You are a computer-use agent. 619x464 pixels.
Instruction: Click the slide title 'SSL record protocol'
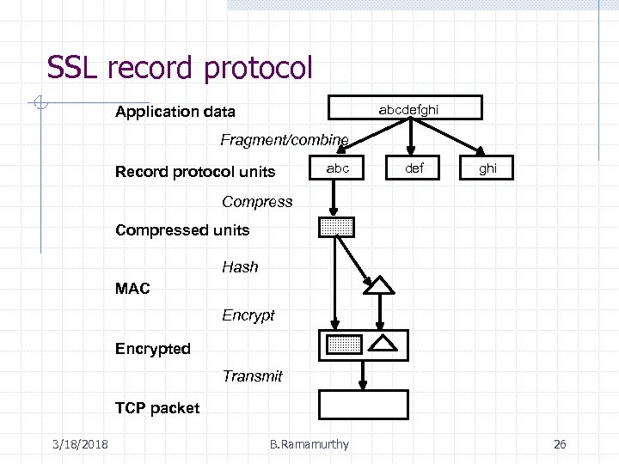pyautogui.click(x=180, y=68)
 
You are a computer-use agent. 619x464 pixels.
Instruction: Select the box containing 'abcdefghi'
pyautogui.click(x=408, y=108)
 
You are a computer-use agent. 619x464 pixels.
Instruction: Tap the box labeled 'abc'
pyautogui.click(x=337, y=169)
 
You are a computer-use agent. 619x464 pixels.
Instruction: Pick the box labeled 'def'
pyautogui.click(x=414, y=169)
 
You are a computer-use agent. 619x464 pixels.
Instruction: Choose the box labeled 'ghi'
pyautogui.click(x=487, y=169)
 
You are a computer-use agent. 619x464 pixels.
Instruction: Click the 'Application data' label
pyautogui.click(x=175, y=113)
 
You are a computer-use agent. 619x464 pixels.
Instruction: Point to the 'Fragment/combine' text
pyautogui.click(x=285, y=139)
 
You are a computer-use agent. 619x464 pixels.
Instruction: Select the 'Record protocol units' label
pyautogui.click(x=195, y=172)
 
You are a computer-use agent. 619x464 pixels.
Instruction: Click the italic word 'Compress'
pyautogui.click(x=257, y=202)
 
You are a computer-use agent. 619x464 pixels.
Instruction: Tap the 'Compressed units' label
pyautogui.click(x=182, y=230)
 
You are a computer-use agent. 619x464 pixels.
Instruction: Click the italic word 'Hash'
pyautogui.click(x=240, y=267)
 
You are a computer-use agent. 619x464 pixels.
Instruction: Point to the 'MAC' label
pyautogui.click(x=132, y=289)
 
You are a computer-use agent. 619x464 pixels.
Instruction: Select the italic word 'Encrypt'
pyautogui.click(x=248, y=315)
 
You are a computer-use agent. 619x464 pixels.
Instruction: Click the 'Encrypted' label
pyautogui.click(x=153, y=349)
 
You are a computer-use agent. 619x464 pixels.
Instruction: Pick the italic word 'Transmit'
pyautogui.click(x=252, y=375)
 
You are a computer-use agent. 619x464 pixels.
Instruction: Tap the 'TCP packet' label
pyautogui.click(x=157, y=408)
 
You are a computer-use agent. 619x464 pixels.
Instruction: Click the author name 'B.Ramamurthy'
pyautogui.click(x=309, y=444)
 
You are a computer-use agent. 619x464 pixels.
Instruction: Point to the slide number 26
pyautogui.click(x=560, y=444)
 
